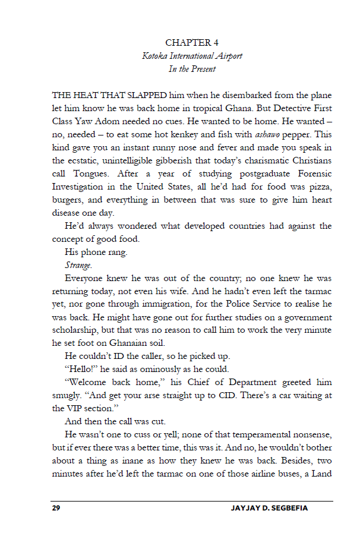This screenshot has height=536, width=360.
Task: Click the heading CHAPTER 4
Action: (192, 43)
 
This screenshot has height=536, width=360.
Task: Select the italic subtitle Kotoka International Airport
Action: (192, 56)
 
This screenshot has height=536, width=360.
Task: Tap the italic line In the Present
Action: (192, 69)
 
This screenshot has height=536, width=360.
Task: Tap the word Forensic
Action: (310, 174)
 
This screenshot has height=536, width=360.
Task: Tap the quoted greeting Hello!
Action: (80, 370)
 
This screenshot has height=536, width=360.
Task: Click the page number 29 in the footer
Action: (56, 509)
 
